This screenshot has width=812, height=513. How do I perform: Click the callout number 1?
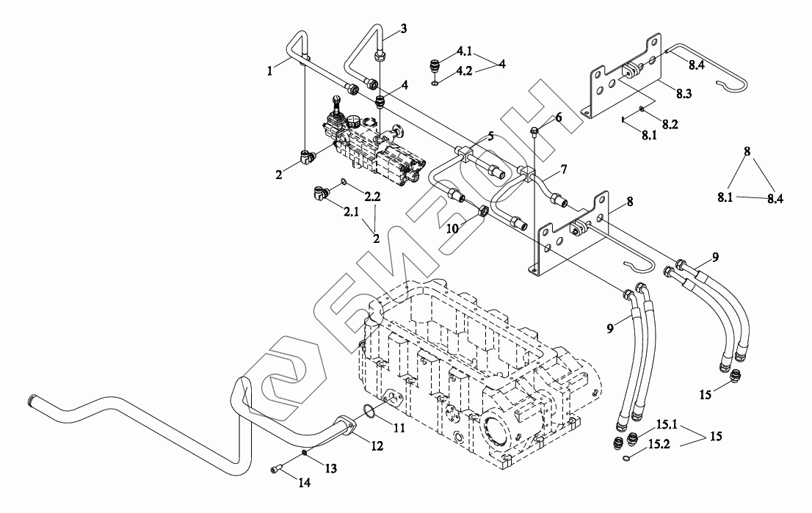270,71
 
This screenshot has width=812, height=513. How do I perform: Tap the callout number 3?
403,29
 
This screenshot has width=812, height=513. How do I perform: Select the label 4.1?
464,51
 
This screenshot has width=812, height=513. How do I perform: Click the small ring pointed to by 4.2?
435,83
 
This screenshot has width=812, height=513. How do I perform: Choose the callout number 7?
563,170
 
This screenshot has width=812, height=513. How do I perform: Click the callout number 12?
377,445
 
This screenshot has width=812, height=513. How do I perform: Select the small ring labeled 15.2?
626,459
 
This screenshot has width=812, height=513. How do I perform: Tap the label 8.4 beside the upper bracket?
695,65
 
